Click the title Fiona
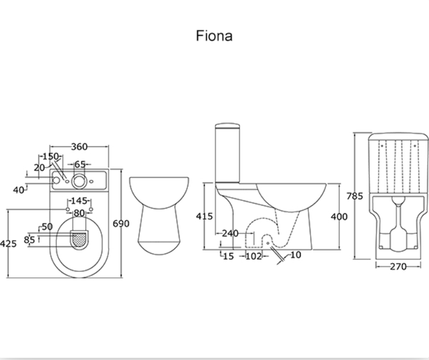pyautogui.click(x=214, y=36)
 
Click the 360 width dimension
pyautogui.click(x=80, y=147)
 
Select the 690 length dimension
pyautogui.click(x=121, y=223)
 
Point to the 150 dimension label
pyautogui.click(x=50, y=157)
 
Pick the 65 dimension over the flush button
pyautogui.click(x=80, y=164)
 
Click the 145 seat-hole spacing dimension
pyautogui.click(x=79, y=200)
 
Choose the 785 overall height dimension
pyautogui.click(x=355, y=195)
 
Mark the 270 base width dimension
pyautogui.click(x=398, y=266)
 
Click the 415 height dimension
pyautogui.click(x=204, y=216)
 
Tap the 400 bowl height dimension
pyautogui.click(x=339, y=216)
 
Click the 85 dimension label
pyautogui.click(x=29, y=240)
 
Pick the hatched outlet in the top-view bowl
pyautogui.click(x=80, y=238)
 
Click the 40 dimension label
pyautogui.click(x=19, y=190)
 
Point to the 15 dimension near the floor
pyautogui.click(x=228, y=256)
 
